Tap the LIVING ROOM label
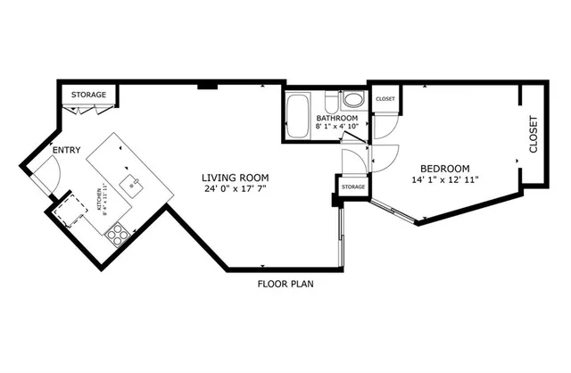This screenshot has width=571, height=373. coord(236,177)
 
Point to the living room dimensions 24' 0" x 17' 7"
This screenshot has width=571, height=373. coord(236,189)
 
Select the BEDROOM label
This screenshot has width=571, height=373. coord(445,168)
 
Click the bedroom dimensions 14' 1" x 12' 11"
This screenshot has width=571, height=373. coord(445,179)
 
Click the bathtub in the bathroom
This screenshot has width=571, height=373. coord(297,115)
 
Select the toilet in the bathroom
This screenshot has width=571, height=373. coord(330,100)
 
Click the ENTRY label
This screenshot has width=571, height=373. coord(66,151)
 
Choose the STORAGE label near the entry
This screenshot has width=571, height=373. coord(89,95)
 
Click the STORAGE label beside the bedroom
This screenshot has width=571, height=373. coord(353,187)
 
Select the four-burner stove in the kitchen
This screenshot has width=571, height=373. coord(117,235)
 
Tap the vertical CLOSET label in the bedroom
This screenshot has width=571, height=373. coord(534,134)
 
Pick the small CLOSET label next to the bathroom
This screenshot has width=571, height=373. coord(385,99)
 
